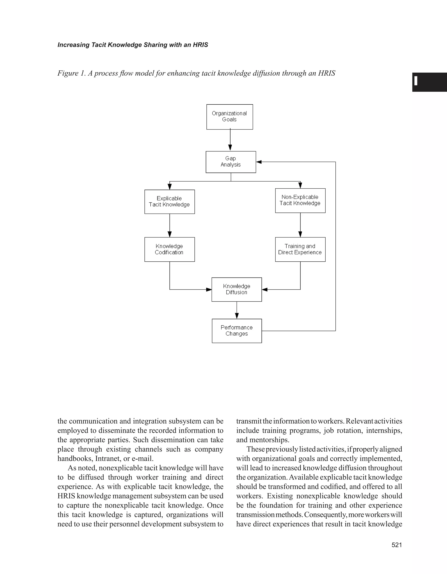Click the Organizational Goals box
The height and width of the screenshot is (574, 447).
pos(229,117)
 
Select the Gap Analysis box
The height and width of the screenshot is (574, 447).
pos(231,162)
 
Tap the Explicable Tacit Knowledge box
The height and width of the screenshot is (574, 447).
pos(169,202)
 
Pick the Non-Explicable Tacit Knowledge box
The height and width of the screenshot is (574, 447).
pos(300,200)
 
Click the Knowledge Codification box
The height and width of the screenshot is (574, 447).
pos(169,249)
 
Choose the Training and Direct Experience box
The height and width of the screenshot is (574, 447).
pos(300,249)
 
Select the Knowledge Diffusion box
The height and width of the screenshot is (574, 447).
pos(237,289)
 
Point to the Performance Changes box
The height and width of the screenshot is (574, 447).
pos(237,331)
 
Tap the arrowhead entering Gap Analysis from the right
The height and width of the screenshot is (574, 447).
pos(259,162)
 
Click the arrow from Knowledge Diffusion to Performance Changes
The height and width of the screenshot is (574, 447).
pos(237,310)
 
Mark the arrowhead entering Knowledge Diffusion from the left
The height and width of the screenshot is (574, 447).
pos(209,289)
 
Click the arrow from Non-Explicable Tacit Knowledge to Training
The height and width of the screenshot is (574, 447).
pos(300,225)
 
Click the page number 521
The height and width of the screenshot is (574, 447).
pos(397,545)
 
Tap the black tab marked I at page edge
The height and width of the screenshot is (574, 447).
pos(429,82)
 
